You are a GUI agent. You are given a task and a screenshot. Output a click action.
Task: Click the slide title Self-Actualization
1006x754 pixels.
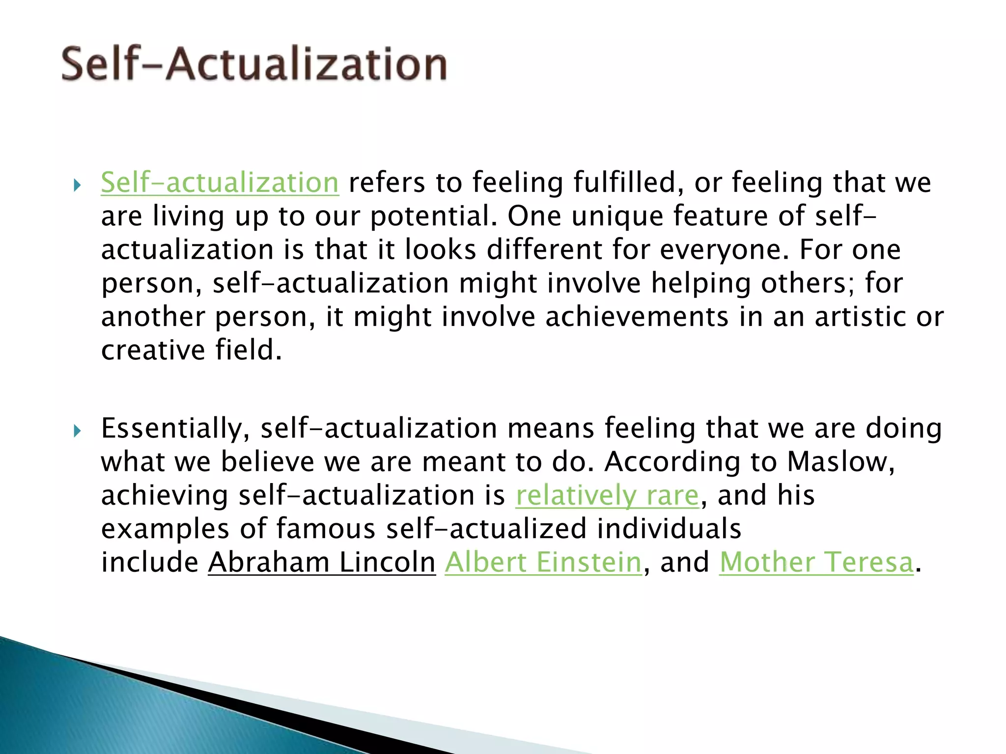[254, 64]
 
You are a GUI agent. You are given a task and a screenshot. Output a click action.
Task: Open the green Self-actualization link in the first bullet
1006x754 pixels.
[220, 183]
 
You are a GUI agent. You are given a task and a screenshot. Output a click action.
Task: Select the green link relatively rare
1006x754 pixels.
[607, 495]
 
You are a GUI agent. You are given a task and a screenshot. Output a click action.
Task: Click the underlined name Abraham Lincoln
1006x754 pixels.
[322, 562]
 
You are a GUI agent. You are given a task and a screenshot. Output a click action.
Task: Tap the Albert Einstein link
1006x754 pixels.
[543, 562]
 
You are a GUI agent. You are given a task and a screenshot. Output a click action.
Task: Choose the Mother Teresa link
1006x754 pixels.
[816, 562]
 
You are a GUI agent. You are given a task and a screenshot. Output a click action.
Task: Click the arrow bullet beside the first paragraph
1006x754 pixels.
[77, 186]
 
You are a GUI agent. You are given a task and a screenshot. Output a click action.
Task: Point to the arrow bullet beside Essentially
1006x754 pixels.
[77, 431]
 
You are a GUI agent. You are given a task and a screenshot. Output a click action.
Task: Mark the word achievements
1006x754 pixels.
[637, 317]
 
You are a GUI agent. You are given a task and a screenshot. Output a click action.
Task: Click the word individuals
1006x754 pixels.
[669, 529]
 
